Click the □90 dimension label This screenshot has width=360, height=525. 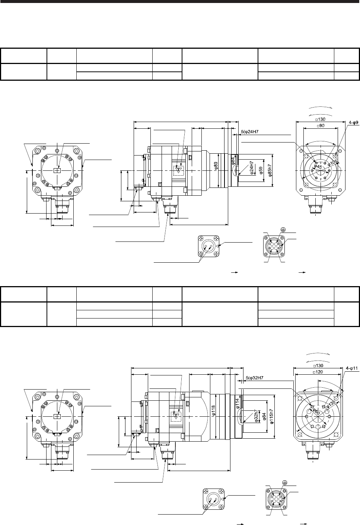pyautogui.click(x=321, y=126)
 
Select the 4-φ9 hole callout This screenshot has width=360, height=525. pyautogui.click(x=354, y=122)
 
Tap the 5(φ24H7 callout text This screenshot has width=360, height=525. pyautogui.click(x=250, y=132)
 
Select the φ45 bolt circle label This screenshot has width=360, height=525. pyautogui.click(x=318, y=167)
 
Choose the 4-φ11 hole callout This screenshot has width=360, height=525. pyautogui.click(x=352, y=368)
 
